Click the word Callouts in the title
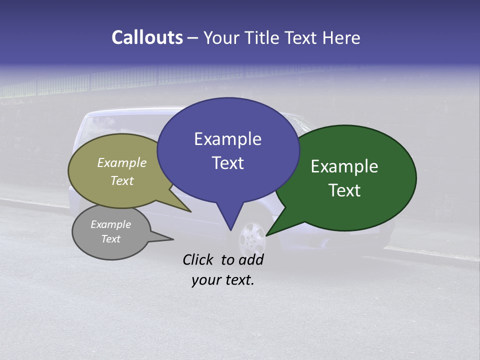[x=147, y=37]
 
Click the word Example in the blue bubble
[x=227, y=139]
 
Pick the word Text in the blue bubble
[x=227, y=163]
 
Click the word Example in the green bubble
[x=344, y=166]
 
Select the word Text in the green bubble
[x=344, y=190]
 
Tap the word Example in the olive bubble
[x=122, y=162]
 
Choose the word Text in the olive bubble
[x=122, y=180]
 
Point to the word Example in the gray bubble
[x=110, y=224]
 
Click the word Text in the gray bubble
[x=110, y=239]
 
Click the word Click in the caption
[x=199, y=259]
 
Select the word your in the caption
[x=204, y=280]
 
